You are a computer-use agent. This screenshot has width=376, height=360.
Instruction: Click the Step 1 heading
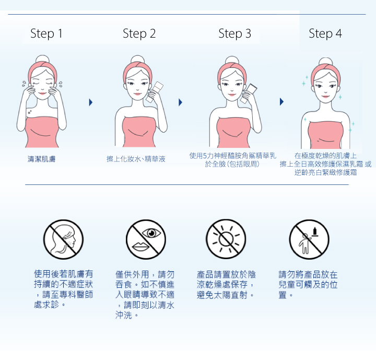click(x=46, y=33)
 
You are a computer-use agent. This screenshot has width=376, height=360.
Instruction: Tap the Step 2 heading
click(x=139, y=33)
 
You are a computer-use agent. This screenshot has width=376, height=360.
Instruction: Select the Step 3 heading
click(x=234, y=33)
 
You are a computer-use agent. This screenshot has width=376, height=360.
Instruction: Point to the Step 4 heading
click(x=325, y=33)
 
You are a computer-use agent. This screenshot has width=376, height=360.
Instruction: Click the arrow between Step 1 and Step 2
click(x=91, y=102)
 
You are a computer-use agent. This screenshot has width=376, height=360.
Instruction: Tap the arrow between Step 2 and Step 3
click(x=181, y=102)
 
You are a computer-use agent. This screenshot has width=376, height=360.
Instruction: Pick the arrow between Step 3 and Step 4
click(x=282, y=102)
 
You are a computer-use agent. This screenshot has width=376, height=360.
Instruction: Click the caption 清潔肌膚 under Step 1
click(x=41, y=159)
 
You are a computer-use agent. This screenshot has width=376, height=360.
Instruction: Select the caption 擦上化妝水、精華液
click(x=136, y=159)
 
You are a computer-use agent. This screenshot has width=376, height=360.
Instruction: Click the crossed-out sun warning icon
click(x=226, y=239)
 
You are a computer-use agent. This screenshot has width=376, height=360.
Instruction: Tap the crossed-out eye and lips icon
click(x=146, y=239)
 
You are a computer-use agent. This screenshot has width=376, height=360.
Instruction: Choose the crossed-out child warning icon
click(x=309, y=239)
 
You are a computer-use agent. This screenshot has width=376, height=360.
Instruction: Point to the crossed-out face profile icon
click(x=63, y=239)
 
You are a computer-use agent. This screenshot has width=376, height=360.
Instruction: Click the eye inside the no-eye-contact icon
click(x=151, y=233)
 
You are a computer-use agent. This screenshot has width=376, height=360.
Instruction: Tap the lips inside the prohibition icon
click(x=141, y=247)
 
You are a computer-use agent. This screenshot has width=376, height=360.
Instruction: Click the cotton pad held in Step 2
click(x=155, y=92)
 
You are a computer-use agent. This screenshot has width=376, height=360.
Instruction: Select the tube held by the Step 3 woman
click(x=249, y=94)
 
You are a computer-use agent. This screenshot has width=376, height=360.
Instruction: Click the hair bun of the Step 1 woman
click(x=42, y=60)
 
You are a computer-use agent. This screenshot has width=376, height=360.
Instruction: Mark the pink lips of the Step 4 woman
click(x=326, y=97)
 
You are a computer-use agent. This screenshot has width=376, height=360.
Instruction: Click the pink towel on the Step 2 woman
click(x=138, y=132)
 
